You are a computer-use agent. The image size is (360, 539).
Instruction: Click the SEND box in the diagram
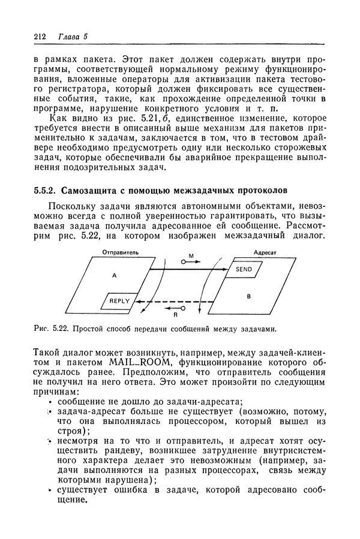[244, 270]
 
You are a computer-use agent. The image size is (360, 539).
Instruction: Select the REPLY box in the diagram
[119, 301]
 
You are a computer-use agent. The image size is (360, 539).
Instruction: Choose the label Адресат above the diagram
[265, 253]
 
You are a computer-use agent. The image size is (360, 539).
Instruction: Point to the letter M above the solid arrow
[191, 256]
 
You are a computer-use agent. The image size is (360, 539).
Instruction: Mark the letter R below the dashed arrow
[176, 314]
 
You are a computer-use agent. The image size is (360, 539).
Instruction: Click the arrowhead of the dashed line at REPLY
[137, 302]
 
